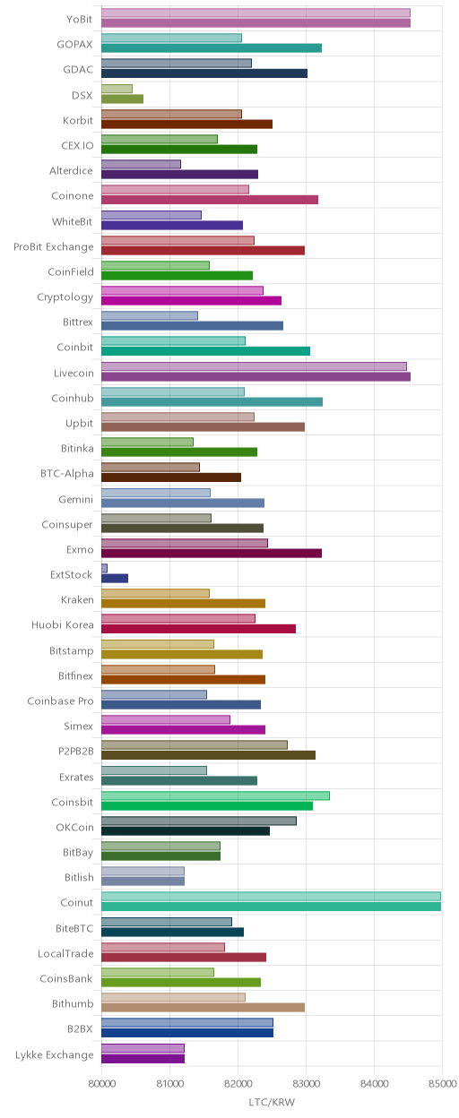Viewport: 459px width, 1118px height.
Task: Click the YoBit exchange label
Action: (80, 19)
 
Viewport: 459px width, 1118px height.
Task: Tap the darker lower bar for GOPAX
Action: (212, 47)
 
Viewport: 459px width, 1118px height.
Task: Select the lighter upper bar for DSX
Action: (117, 89)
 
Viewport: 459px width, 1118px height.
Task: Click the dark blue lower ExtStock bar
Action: (115, 578)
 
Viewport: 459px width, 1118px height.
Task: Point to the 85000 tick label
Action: (442, 1084)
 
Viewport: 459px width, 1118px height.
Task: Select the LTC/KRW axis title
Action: (272, 1102)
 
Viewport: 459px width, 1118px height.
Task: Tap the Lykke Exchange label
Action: (55, 1054)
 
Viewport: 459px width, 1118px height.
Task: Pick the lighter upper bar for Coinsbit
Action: (215, 795)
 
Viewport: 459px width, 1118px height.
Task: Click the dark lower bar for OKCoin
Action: (186, 831)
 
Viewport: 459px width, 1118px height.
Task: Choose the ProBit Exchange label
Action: (54, 246)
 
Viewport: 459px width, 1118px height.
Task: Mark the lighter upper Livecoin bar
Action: (254, 366)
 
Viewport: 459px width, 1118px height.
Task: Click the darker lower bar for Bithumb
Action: (203, 1008)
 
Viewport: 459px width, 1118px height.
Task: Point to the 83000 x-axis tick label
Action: (306, 1084)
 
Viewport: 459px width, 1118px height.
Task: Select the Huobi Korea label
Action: (63, 625)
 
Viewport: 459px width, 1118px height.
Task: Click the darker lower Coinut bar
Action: (272, 907)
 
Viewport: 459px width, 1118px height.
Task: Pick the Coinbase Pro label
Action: (60, 701)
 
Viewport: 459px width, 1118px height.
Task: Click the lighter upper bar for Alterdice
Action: (141, 164)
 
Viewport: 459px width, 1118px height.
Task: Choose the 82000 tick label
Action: (238, 1084)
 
